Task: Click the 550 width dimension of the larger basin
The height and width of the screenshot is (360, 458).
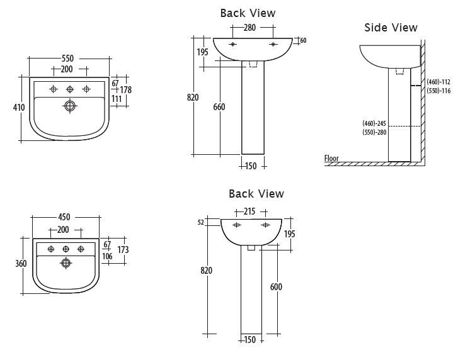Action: (67, 59)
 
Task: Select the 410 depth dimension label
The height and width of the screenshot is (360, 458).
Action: (19, 108)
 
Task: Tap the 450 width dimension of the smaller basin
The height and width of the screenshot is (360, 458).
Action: (64, 218)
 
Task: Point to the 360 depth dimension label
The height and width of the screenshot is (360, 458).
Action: (21, 263)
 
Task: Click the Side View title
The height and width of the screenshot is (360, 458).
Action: (391, 27)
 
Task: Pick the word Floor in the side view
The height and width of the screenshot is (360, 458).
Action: (331, 159)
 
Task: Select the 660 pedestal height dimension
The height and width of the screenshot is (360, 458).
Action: (219, 107)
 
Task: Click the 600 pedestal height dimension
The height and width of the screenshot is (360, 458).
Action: (276, 287)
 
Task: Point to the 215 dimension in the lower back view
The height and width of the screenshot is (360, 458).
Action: (249, 211)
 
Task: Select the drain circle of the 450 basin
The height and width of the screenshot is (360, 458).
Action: (66, 263)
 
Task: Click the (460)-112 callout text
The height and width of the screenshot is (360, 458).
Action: (438, 82)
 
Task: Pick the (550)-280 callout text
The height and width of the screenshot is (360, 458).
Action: (374, 132)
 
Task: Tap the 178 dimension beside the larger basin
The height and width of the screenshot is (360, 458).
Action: (126, 90)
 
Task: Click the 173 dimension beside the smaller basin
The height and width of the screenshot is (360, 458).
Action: (123, 250)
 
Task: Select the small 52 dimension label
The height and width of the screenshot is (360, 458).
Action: (202, 222)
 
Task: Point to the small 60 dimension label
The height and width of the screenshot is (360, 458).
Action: (303, 40)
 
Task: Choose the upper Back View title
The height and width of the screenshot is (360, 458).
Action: (248, 13)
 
